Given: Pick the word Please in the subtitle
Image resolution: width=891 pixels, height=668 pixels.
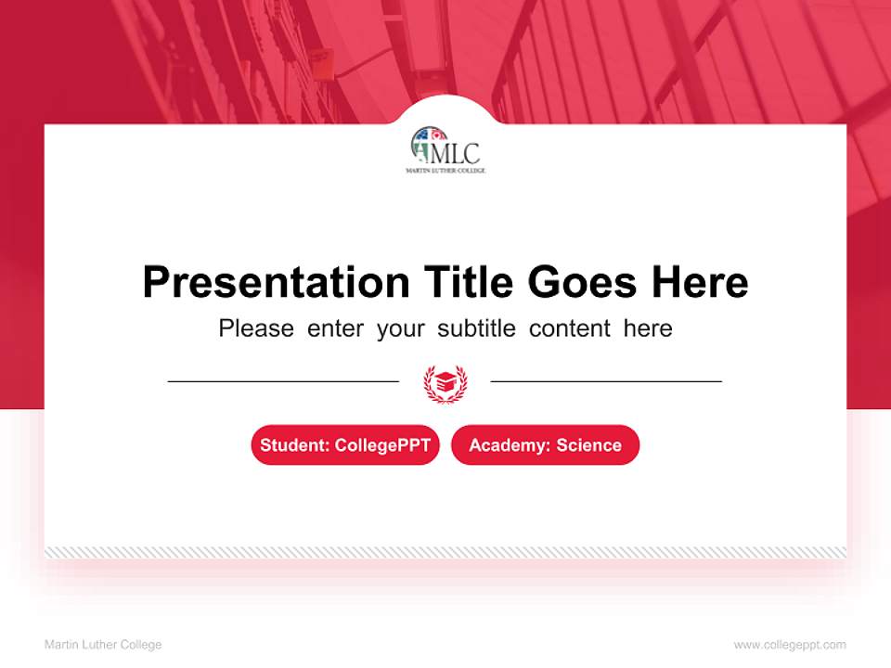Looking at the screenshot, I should [256, 328].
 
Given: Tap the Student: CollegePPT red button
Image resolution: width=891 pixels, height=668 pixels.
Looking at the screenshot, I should [345, 445].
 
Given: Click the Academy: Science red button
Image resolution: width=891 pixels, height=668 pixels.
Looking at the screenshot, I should [545, 445].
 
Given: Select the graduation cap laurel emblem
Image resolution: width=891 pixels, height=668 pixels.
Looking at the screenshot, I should [445, 381].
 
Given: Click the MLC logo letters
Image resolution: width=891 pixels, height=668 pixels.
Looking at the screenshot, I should [458, 152].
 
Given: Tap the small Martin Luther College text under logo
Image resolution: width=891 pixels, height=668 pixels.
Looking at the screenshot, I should [445, 171].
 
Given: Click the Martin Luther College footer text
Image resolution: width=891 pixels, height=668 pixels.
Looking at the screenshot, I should [103, 645].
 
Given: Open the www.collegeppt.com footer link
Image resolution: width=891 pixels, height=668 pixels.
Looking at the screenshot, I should [790, 645].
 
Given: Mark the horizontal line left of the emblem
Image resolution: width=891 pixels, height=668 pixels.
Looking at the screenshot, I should [283, 380].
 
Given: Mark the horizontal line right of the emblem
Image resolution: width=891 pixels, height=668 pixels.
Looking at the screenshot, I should [606, 380].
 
